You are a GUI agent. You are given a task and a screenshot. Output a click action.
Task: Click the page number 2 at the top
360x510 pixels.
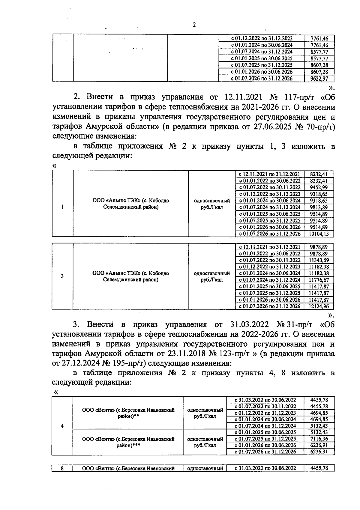click(x=194, y=25)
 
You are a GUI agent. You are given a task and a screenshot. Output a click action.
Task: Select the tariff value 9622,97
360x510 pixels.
click(x=319, y=79)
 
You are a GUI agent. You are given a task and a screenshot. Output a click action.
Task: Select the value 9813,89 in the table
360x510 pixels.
click(x=319, y=207)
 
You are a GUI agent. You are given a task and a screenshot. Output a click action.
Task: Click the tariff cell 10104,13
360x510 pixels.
click(x=319, y=234)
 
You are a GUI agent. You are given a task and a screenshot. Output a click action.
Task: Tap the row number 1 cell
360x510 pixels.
click(x=62, y=207)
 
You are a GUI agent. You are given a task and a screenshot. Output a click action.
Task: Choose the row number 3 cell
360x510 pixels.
click(x=62, y=276)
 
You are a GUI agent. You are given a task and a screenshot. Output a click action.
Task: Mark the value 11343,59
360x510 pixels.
click(x=319, y=260)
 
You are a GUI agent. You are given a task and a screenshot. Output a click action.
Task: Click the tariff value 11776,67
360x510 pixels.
click(x=319, y=280)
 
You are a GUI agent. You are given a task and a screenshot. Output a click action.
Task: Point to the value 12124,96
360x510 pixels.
click(x=319, y=306)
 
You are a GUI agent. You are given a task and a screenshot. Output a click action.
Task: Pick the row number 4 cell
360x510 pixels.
click(x=62, y=426)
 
